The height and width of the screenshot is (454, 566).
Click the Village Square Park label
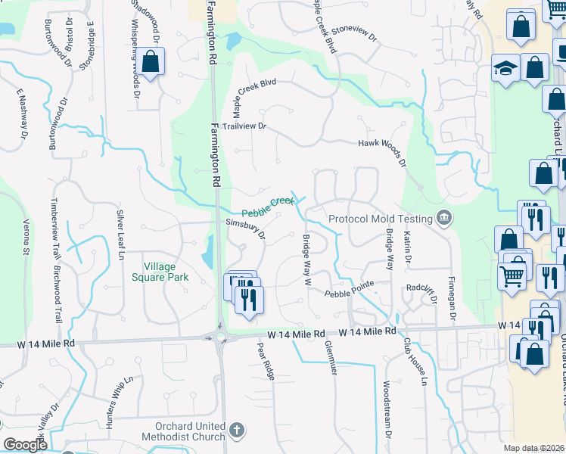[x=166, y=272]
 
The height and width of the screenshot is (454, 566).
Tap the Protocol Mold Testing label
[x=381, y=219]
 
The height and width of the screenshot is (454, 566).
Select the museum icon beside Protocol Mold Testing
[x=444, y=219]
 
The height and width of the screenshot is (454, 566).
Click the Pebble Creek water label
[x=267, y=206]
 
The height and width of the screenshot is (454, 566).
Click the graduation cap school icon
[x=505, y=69]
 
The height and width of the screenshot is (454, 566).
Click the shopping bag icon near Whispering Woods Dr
[x=151, y=63]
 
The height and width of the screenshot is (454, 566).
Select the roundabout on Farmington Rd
[x=221, y=337]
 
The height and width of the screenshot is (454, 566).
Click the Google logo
[x=25, y=444]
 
